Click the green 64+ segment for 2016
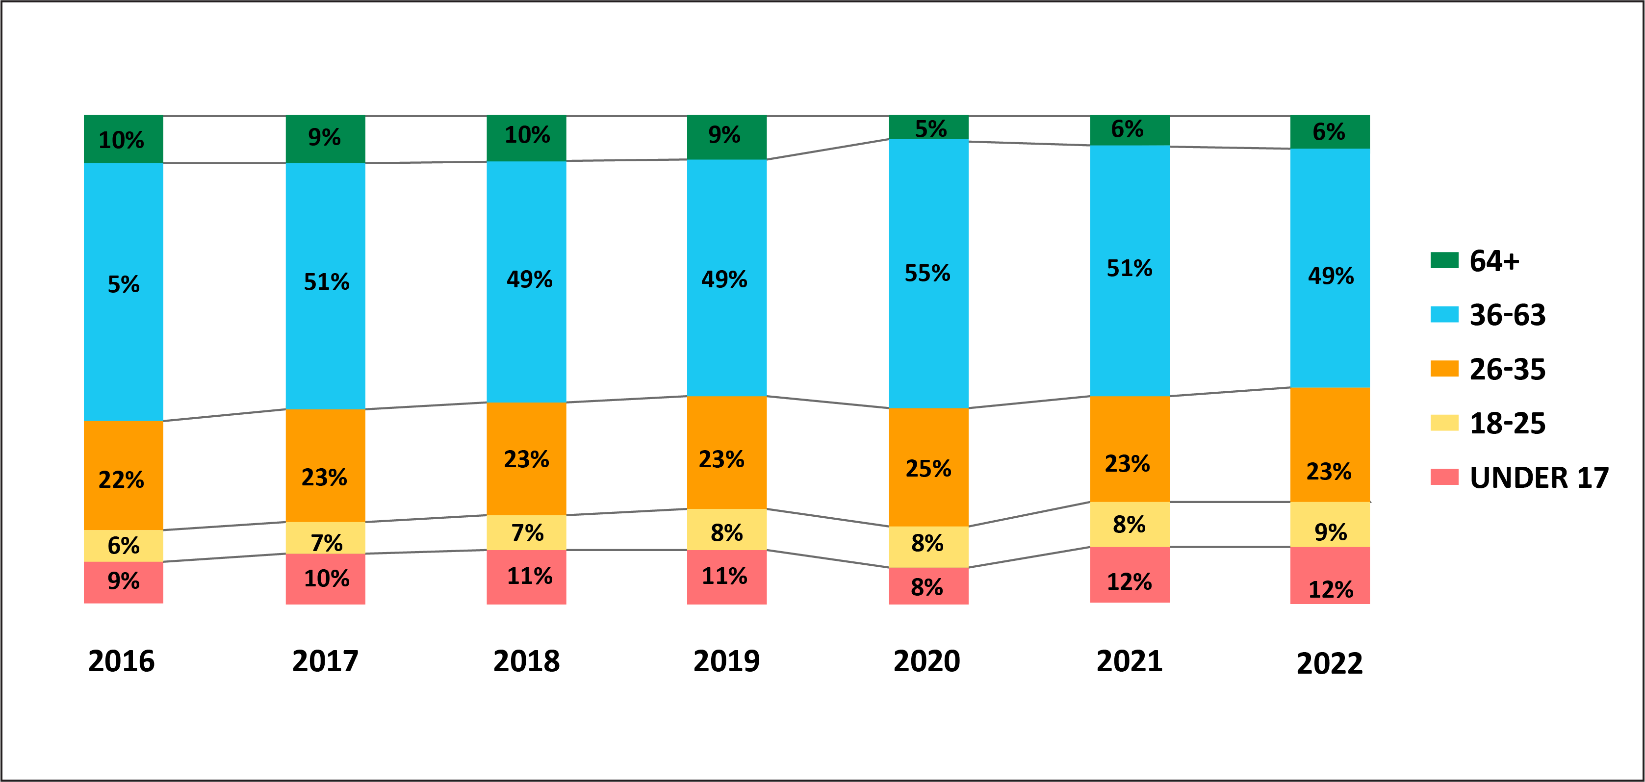[x=123, y=139]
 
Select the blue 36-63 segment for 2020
[x=928, y=273]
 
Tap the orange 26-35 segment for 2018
[x=526, y=458]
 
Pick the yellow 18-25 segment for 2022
[x=1330, y=525]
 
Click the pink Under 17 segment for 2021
[x=1130, y=575]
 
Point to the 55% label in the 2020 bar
[x=927, y=273]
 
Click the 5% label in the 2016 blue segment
[x=123, y=284]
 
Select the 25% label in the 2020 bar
[x=928, y=469]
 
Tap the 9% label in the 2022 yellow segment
[x=1331, y=532]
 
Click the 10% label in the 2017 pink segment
[x=326, y=579]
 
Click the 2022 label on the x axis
[x=1330, y=663]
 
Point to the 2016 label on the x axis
[x=121, y=661]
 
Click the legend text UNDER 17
[x=1539, y=478]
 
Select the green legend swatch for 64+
[x=1444, y=260]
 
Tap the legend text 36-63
[x=1508, y=315]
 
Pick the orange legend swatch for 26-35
[x=1444, y=369]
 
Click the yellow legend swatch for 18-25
[x=1444, y=423]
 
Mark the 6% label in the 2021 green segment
[x=1127, y=129]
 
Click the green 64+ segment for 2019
[x=727, y=137]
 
